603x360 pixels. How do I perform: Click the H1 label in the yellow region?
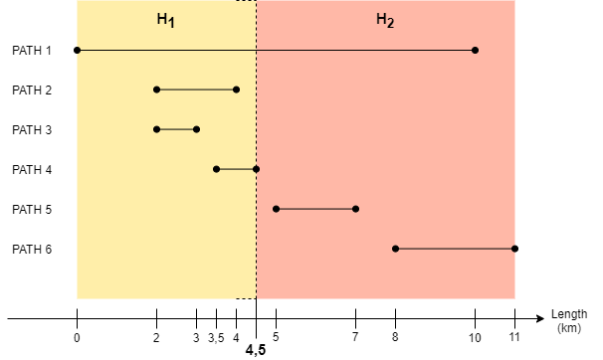[165, 20]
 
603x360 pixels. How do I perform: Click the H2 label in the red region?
[384, 20]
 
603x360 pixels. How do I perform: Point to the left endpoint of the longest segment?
[77, 50]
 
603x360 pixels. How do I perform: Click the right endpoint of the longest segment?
[475, 50]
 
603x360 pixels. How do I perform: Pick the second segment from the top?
[196, 90]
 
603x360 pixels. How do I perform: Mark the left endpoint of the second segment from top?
[156, 90]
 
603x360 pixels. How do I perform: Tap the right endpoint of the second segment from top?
[236, 90]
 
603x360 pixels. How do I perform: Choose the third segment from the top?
[176, 129]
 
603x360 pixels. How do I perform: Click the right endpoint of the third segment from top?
[196, 129]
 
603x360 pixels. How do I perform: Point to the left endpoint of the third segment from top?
[156, 129]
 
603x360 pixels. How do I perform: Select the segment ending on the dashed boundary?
[236, 169]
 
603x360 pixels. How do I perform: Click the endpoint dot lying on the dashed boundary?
[256, 169]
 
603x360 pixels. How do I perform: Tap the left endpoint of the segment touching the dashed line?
[216, 169]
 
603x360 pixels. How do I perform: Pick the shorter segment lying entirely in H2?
[315, 209]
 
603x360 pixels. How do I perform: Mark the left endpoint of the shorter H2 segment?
[276, 209]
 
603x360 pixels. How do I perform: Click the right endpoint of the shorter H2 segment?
[355, 209]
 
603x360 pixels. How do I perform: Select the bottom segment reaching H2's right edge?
[455, 249]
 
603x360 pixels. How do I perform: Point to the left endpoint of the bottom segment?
[395, 249]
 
